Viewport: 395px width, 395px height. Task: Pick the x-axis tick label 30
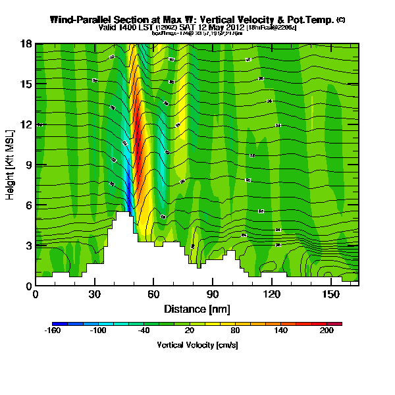click(94, 295)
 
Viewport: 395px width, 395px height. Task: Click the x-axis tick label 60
click(153, 295)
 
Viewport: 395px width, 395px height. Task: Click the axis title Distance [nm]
click(197, 309)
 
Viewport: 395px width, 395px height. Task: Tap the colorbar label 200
click(327, 331)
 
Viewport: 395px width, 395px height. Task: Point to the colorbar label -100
click(97, 331)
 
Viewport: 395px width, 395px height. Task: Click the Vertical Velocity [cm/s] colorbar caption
click(197, 345)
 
